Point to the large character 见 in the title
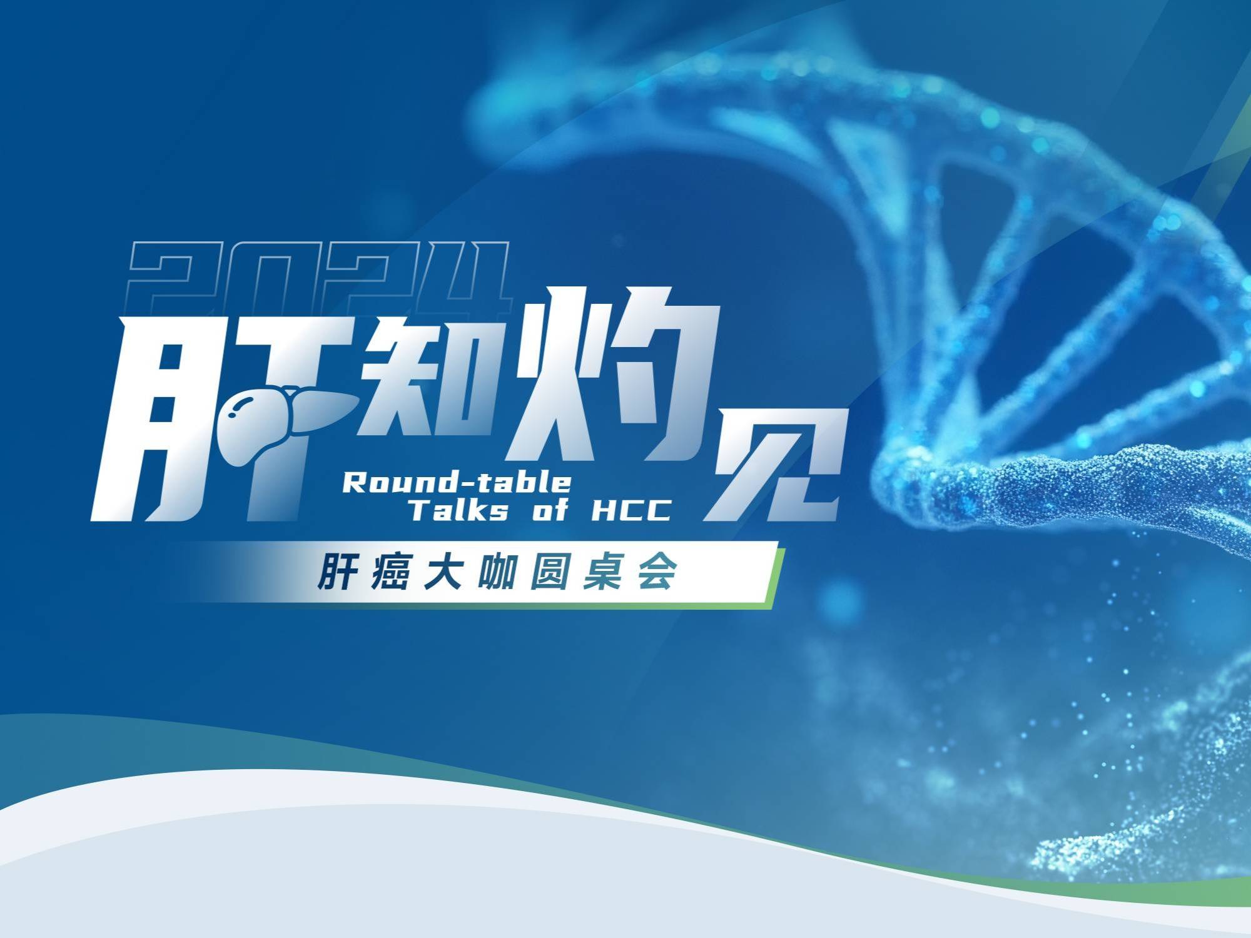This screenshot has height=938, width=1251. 779,463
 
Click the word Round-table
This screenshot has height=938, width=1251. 457,482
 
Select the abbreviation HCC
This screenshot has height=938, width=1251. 631,511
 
